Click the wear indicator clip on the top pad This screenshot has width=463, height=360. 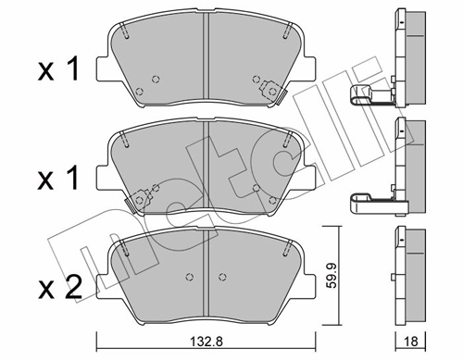(271, 90)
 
